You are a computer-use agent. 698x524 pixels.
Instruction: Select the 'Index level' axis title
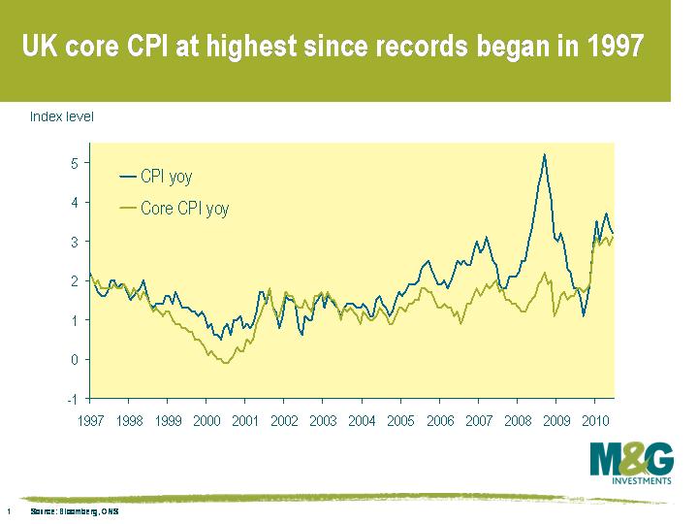point(62,117)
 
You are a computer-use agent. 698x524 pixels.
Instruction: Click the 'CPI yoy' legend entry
point(166,177)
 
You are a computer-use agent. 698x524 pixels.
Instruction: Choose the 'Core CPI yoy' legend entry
point(184,208)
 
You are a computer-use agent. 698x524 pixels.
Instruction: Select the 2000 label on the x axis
point(206,421)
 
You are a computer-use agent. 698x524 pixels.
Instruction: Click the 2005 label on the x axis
point(400,421)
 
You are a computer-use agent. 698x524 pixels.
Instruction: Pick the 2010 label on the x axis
point(594,421)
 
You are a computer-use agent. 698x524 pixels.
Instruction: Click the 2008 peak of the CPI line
point(545,154)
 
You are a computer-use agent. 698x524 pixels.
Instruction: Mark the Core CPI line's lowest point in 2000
point(226,363)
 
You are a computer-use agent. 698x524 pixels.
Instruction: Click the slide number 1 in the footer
point(9,510)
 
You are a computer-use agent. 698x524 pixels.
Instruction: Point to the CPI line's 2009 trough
point(584,315)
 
